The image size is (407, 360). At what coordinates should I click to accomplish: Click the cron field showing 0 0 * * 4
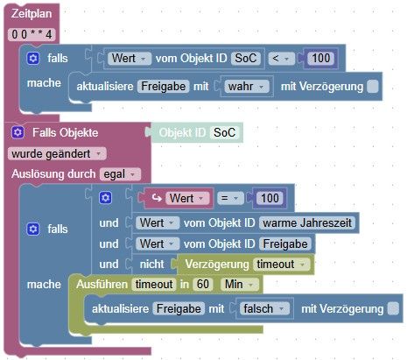32,34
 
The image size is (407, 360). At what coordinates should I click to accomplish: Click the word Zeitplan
32,14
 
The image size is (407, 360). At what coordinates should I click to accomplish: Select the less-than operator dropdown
281,59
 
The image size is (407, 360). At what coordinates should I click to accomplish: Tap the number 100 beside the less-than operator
321,58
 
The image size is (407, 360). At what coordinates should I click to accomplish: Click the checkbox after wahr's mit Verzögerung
373,87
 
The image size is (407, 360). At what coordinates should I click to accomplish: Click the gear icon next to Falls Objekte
18,132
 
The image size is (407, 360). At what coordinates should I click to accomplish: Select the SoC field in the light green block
224,132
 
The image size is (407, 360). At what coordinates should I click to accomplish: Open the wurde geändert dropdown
57,154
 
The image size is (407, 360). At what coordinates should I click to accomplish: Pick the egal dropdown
120,174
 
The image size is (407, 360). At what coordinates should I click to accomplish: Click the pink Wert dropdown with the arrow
187,199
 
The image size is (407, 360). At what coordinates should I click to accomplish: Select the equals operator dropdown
230,199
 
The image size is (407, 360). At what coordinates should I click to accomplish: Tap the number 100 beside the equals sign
270,199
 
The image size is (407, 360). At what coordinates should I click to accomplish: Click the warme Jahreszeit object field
307,223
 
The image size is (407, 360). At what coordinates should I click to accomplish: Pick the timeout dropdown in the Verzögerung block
281,265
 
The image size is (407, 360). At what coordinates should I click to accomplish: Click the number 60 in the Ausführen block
203,284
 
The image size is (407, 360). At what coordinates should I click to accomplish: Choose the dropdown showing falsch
264,309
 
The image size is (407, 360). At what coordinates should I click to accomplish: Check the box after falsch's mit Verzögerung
393,309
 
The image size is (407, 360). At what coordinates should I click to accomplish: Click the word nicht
151,265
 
